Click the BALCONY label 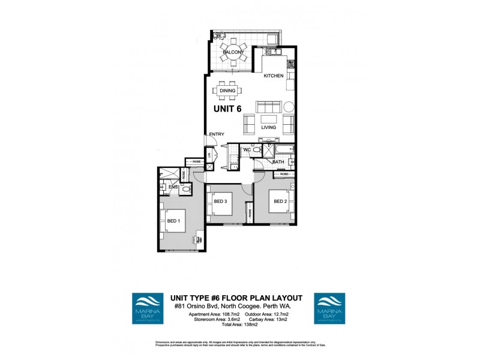pyautogui.click(x=233, y=53)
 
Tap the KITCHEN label pyautogui.click(x=274, y=76)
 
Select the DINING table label pyautogui.click(x=227, y=91)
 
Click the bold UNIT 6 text pyautogui.click(x=232, y=109)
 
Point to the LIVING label pyautogui.click(x=268, y=128)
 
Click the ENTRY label pyautogui.click(x=216, y=134)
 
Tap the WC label pyautogui.click(x=247, y=149)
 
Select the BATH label pyautogui.click(x=278, y=162)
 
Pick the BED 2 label pyautogui.click(x=280, y=202)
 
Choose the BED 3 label pyautogui.click(x=220, y=202)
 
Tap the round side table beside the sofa pyautogui.click(x=288, y=107)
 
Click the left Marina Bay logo pyautogui.click(x=149, y=308)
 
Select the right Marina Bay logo pyautogui.click(x=330, y=308)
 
